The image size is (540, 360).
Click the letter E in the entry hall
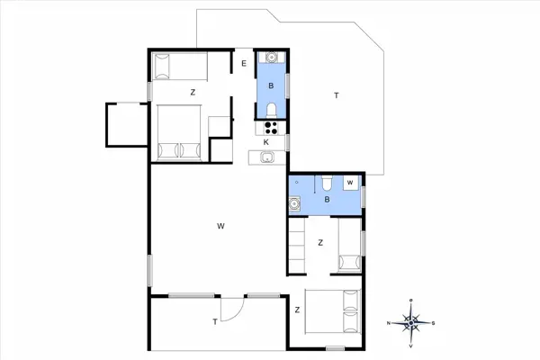(244, 63)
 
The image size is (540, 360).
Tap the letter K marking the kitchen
(266, 143)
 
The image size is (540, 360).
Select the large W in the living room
(220, 226)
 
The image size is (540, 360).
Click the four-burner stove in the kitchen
(271, 128)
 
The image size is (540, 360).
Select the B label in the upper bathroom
(271, 87)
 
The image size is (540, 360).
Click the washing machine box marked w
(351, 183)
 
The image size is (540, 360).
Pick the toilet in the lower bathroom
(327, 184)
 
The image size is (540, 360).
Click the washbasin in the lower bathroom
(294, 205)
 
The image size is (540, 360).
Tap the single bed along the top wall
(178, 67)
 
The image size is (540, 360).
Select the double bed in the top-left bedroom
(178, 132)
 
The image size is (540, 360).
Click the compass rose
(411, 321)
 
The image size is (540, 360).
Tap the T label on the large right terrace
(336, 94)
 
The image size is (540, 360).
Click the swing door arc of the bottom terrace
(231, 307)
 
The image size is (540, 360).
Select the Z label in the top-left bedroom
(193, 92)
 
